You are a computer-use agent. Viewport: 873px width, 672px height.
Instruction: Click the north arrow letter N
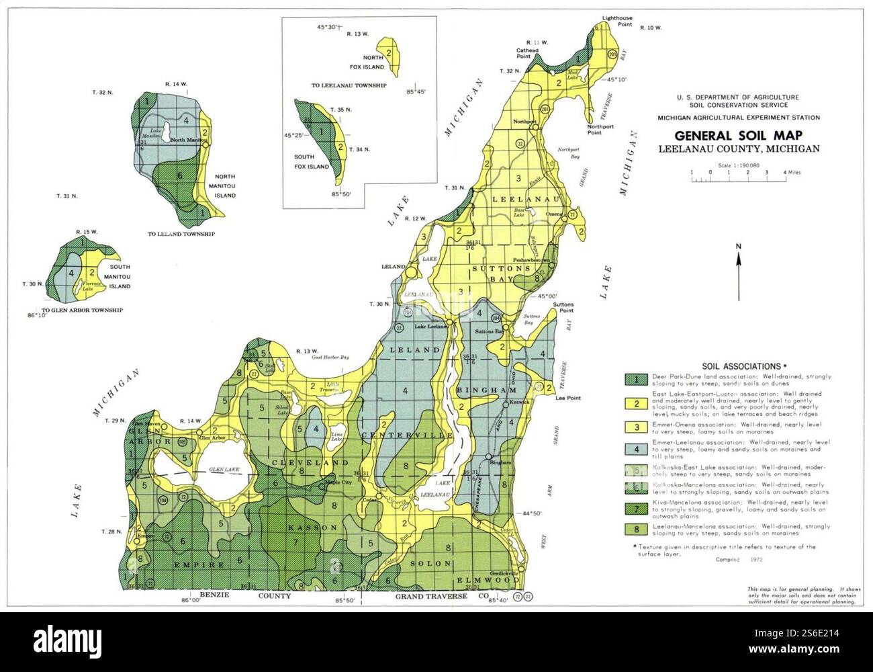point(738,247)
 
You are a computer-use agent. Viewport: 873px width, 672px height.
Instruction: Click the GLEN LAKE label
point(205,470)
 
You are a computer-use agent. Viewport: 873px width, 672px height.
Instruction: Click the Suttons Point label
point(563,308)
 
